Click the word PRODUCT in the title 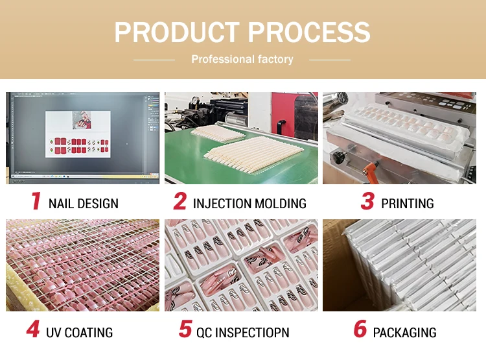(177, 32)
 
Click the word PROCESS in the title (309, 32)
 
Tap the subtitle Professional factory (242, 59)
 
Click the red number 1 (36, 201)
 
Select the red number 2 (180, 201)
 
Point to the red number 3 (367, 201)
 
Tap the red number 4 (33, 329)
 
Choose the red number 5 (185, 328)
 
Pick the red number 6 (360, 328)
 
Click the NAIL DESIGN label (84, 204)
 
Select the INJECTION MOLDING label (249, 204)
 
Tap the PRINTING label (408, 204)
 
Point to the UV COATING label (79, 332)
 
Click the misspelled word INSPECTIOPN (252, 332)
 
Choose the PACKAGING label (405, 332)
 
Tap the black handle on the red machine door (281, 128)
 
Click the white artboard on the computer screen (78, 134)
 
